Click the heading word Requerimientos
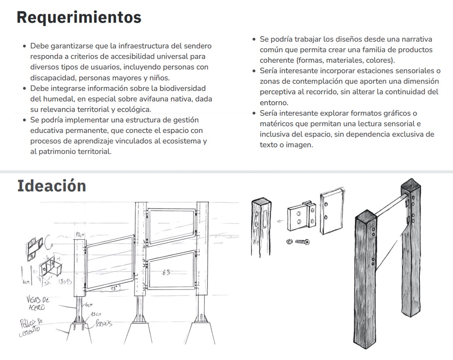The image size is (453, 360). click(79, 17)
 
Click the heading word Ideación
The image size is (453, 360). click(52, 186)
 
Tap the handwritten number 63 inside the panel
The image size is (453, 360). click(166, 272)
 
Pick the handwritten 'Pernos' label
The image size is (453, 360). click(103, 324)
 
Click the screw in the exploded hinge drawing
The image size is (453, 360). click(303, 242)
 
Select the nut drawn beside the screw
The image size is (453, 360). click(288, 242)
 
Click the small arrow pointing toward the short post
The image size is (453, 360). click(280, 220)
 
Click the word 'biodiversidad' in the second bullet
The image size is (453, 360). click(182, 88)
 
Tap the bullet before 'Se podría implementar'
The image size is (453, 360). click(25, 120)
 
